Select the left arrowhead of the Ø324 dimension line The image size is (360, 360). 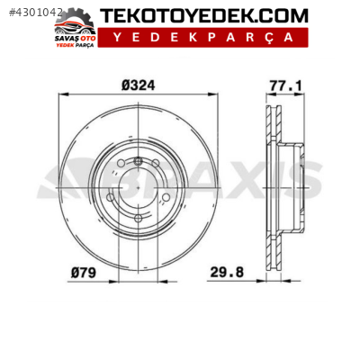click(61, 95)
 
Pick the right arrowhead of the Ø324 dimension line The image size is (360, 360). click(213, 95)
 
